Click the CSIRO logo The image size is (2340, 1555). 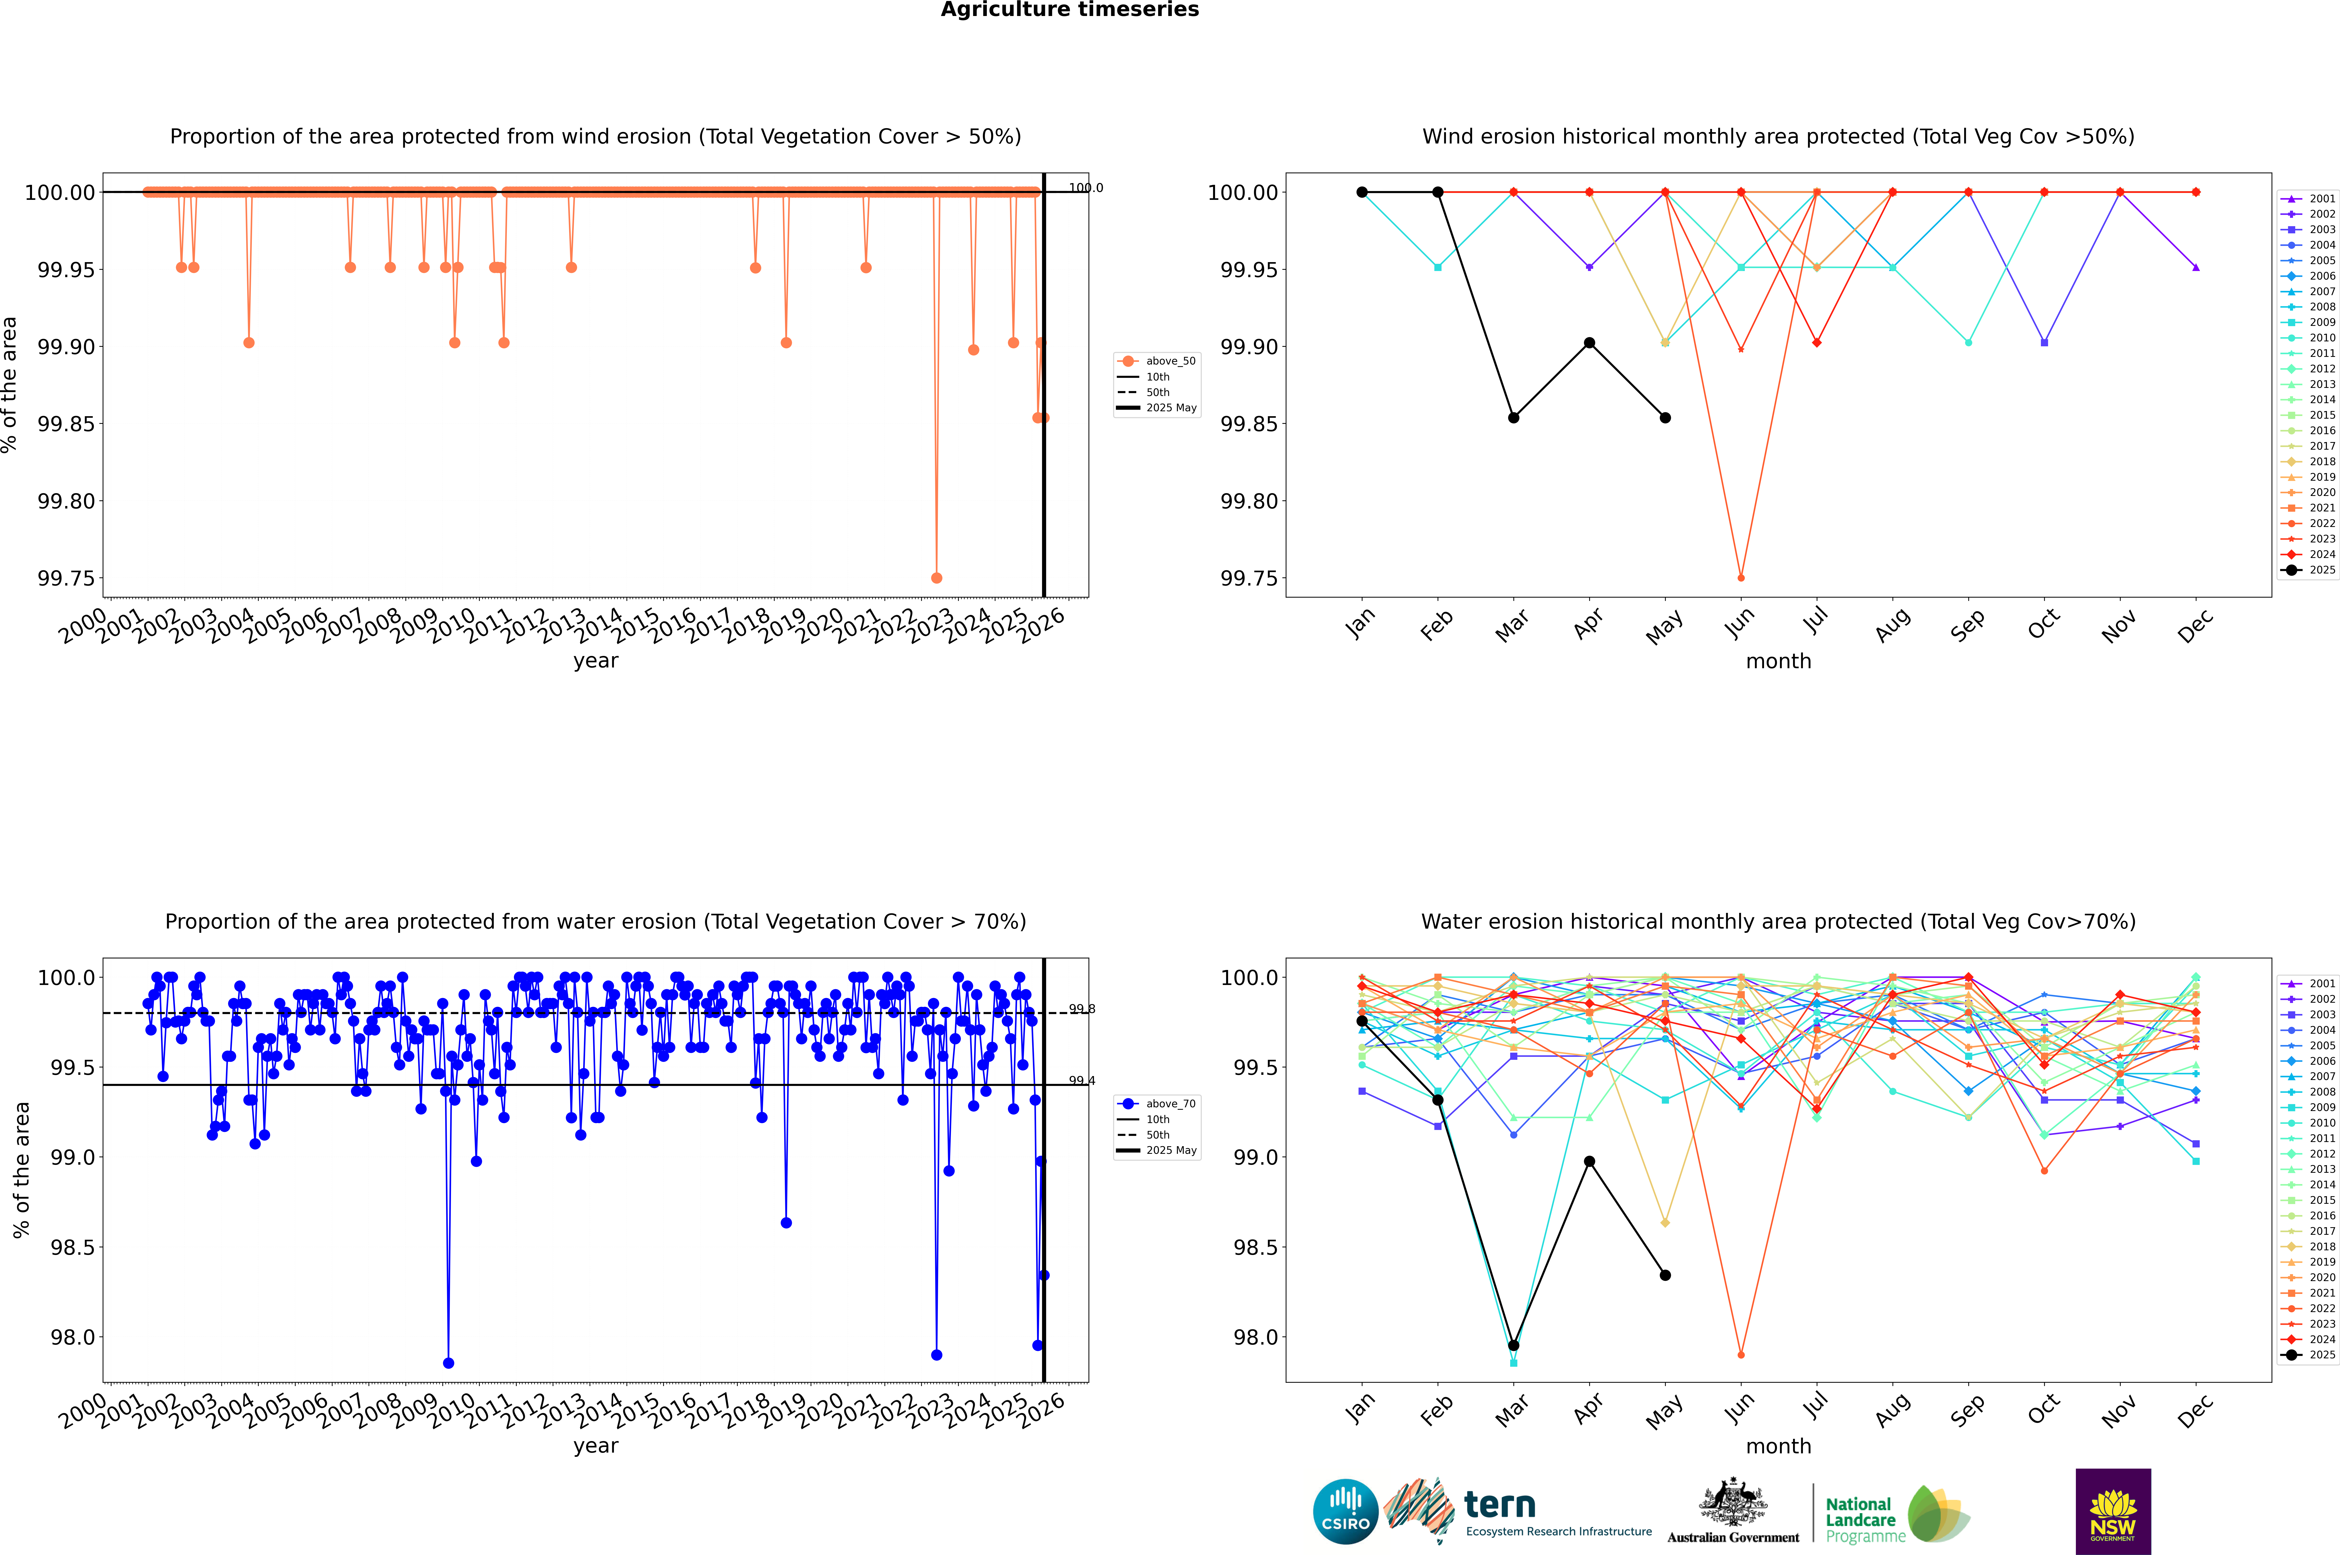1345,1511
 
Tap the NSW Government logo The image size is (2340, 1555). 2113,1511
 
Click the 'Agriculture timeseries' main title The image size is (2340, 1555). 1069,10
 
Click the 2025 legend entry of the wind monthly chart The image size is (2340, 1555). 2308,570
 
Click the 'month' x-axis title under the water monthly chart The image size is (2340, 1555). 1778,1446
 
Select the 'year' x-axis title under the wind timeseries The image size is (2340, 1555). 595,661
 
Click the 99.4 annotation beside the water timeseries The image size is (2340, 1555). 1081,1081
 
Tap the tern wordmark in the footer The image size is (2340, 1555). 1500,1506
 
